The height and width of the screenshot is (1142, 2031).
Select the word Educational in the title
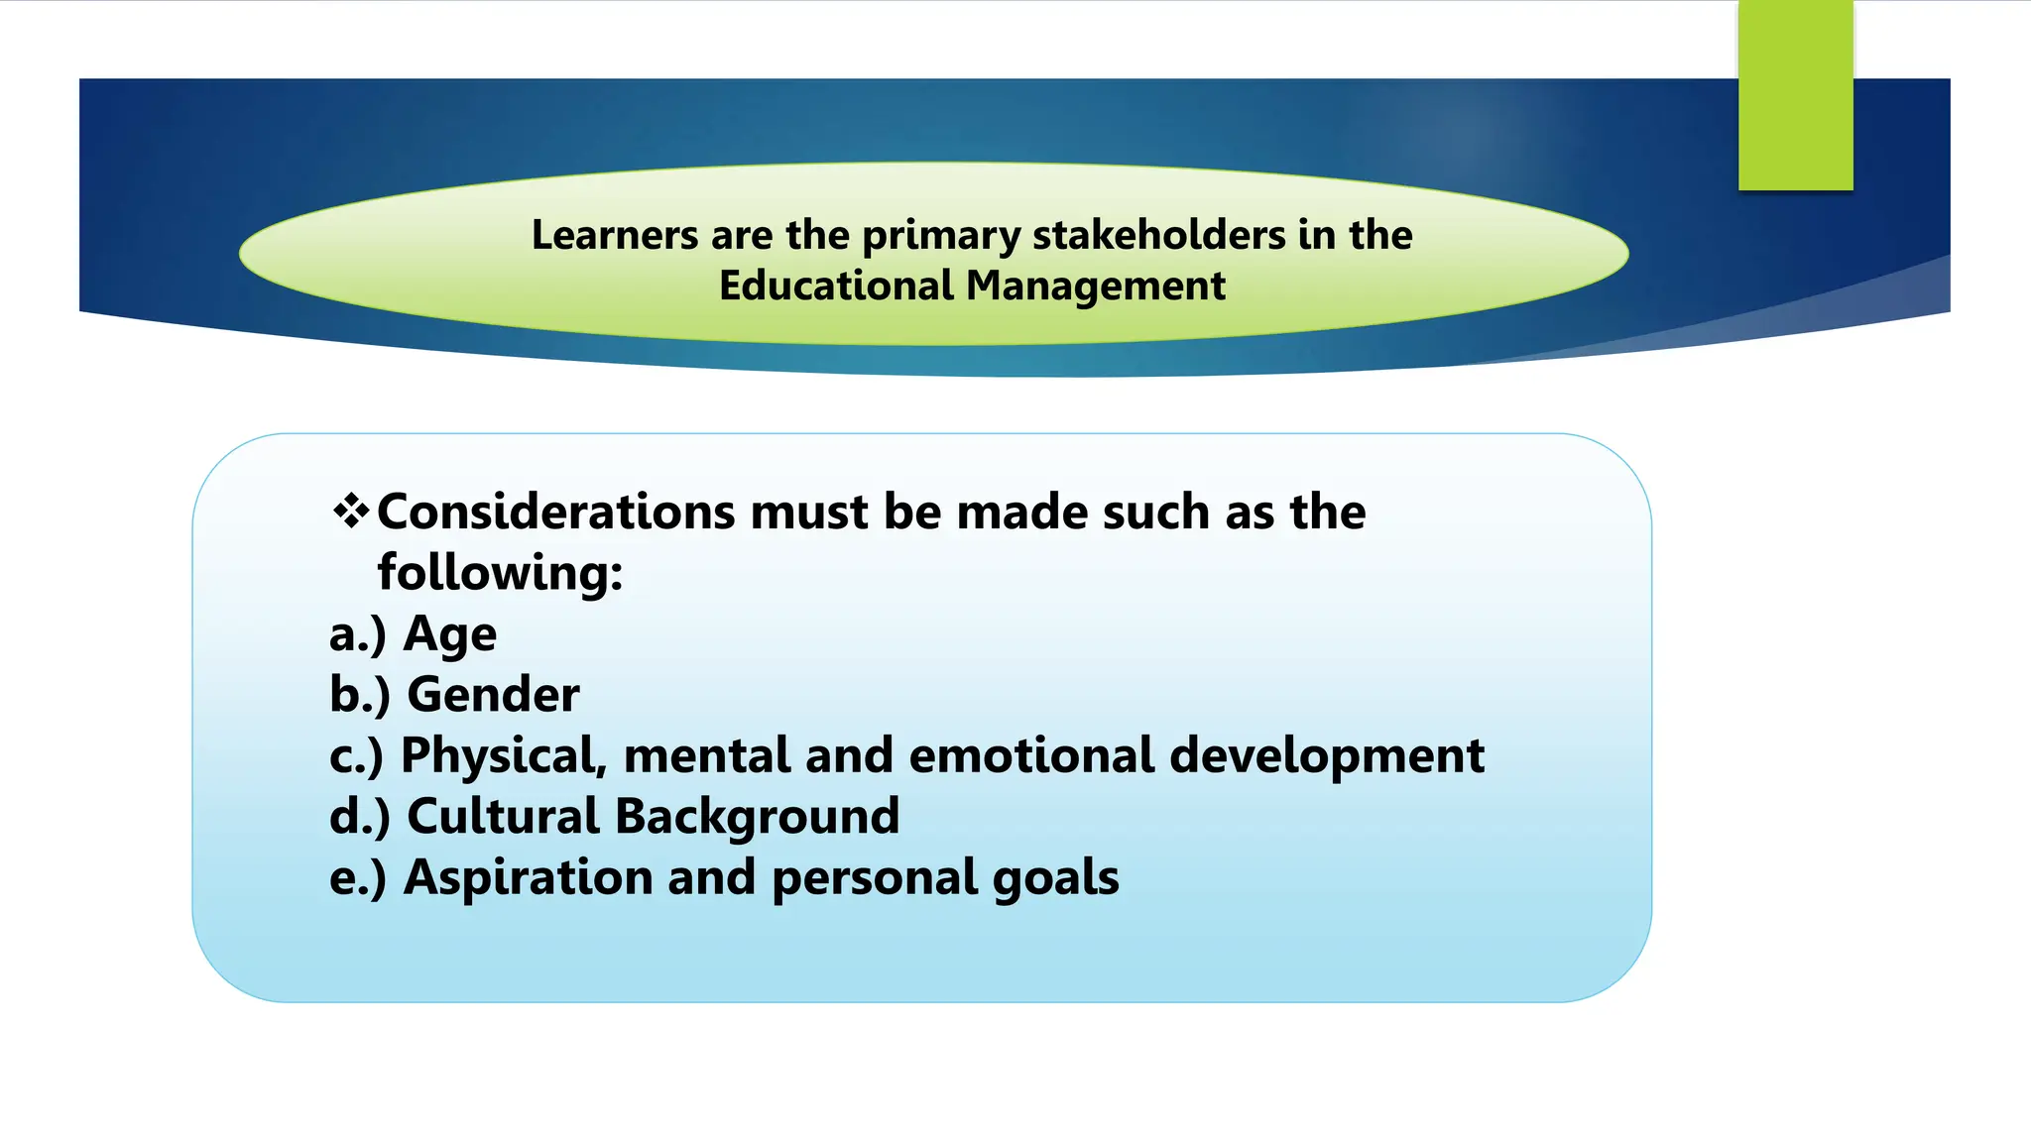[x=836, y=286]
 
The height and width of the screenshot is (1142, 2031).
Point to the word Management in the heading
[x=1096, y=286]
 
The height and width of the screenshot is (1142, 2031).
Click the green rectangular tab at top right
[x=1795, y=95]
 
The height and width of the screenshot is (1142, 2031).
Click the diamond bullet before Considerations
[x=351, y=513]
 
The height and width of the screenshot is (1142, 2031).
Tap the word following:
[x=500, y=574]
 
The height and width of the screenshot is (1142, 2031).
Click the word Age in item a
[x=449, y=635]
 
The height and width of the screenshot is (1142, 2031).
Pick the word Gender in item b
[x=493, y=695]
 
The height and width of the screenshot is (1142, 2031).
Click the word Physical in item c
[x=503, y=756]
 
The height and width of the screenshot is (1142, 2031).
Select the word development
[x=1327, y=756]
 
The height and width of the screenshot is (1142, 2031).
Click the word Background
[x=757, y=817]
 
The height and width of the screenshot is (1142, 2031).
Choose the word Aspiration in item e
[x=528, y=878]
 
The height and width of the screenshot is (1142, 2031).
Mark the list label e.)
[x=357, y=878]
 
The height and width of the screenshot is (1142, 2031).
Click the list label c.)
[x=356, y=756]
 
